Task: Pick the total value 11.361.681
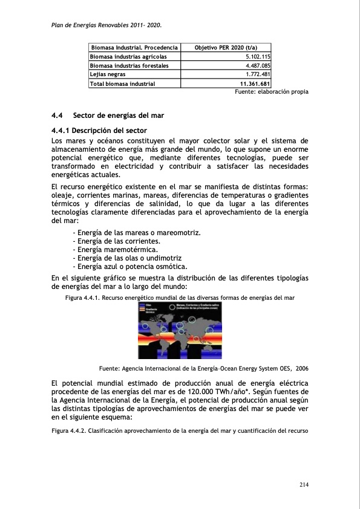pyautogui.click(x=255, y=84)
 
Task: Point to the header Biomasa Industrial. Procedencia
pyautogui.click(x=134, y=47)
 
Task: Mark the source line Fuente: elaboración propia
pyautogui.click(x=271, y=92)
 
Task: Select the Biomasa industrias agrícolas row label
pyautogui.click(x=128, y=56)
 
